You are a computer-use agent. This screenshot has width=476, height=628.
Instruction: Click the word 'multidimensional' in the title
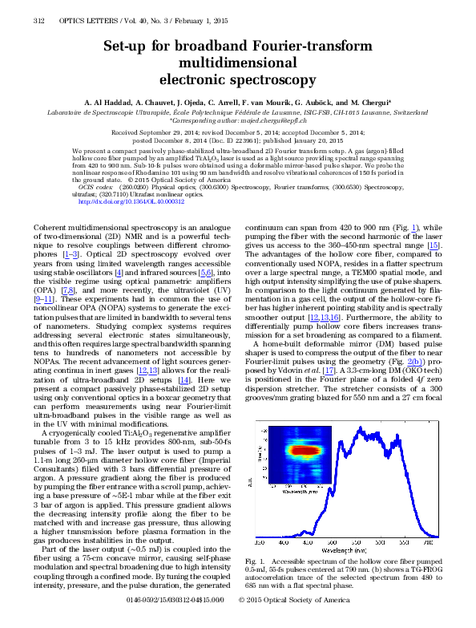[x=238, y=63]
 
